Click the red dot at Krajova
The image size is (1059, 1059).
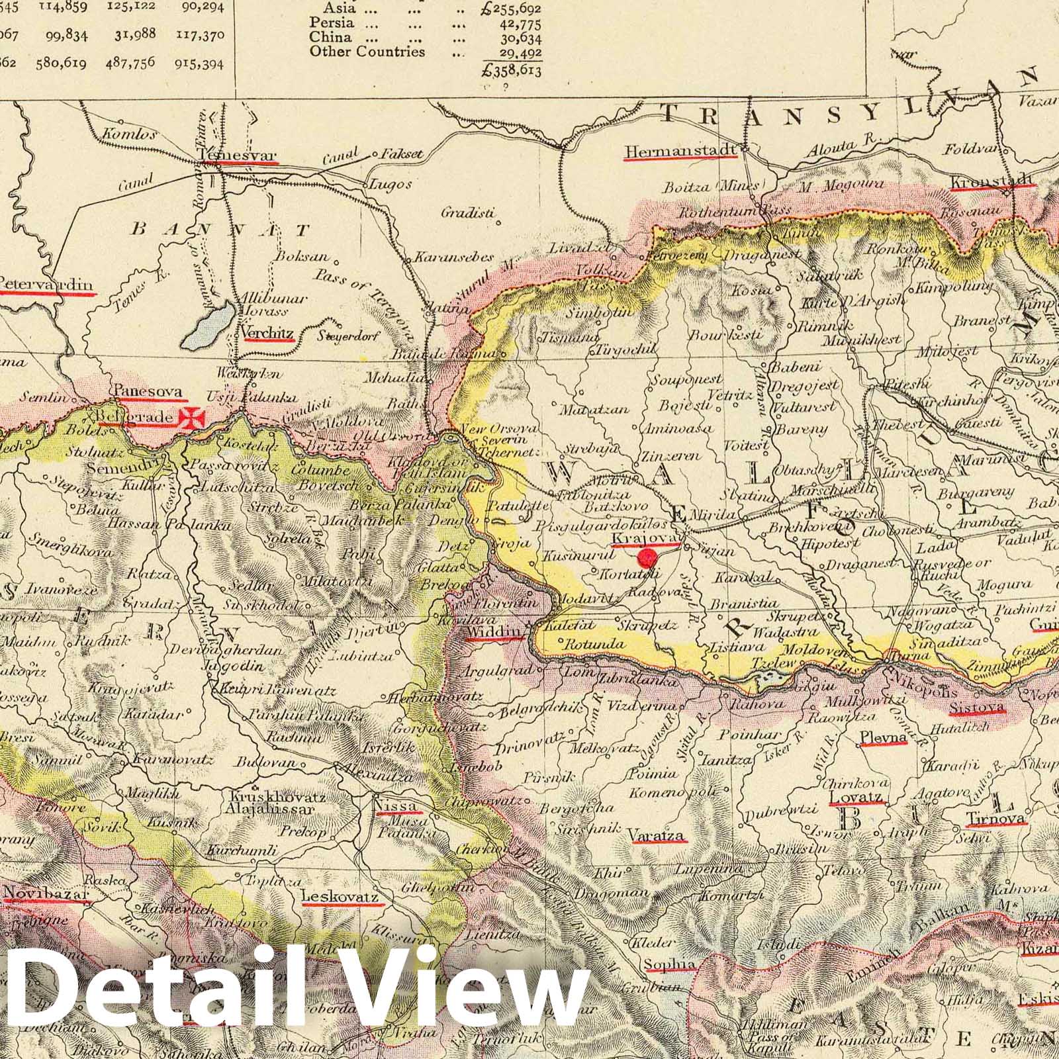click(x=646, y=557)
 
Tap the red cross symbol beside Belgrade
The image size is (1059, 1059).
click(x=197, y=418)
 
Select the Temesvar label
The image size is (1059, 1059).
click(x=237, y=155)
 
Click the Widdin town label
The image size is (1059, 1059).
click(x=494, y=634)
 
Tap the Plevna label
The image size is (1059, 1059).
click(x=883, y=738)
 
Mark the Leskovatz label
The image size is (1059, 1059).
click(x=339, y=897)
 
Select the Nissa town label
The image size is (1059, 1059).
click(x=396, y=806)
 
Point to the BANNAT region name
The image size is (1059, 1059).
click(x=220, y=230)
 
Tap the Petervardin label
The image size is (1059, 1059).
click(x=45, y=285)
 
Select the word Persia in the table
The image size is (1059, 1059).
click(x=328, y=23)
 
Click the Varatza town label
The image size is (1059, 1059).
click(x=657, y=835)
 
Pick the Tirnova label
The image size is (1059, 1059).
click(x=996, y=819)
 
